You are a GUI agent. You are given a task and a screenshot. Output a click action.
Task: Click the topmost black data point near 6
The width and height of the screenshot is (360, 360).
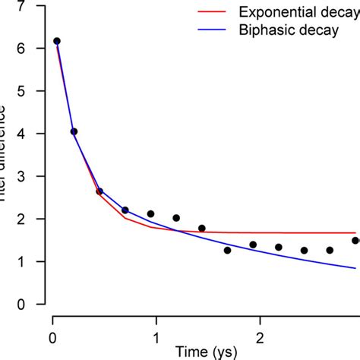[x=56, y=41]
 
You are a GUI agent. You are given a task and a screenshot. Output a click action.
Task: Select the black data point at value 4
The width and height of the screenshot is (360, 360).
[x=74, y=131]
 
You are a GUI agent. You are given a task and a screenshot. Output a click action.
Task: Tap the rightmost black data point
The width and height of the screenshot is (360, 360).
[x=355, y=240]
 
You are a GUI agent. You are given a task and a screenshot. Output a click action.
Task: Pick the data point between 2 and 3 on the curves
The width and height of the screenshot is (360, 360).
[x=99, y=191]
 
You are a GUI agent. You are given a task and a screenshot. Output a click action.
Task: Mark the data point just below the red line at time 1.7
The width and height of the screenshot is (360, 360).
[x=227, y=250]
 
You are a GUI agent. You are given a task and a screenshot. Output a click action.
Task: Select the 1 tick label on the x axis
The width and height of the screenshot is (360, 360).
[x=156, y=336]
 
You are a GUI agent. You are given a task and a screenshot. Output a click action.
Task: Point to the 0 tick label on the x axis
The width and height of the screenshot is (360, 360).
[x=52, y=336]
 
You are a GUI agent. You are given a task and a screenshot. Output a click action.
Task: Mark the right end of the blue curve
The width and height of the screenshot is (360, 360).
[x=355, y=267]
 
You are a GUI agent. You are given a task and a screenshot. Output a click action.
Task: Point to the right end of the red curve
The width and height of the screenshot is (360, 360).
[x=355, y=232]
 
